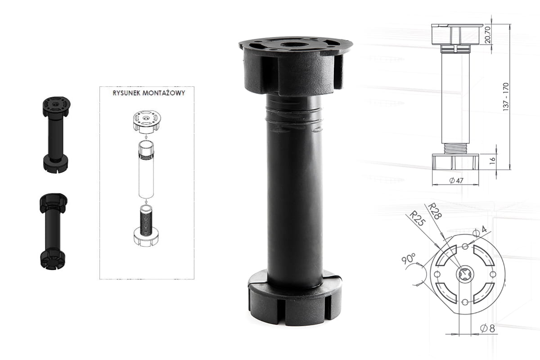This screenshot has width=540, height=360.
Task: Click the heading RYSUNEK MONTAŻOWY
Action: point(149,93)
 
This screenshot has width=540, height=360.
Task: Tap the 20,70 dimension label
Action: point(487,35)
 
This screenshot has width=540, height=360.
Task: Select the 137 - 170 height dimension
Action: point(506,97)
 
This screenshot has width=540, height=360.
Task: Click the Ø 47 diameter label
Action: point(456,180)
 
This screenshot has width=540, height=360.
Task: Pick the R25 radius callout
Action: point(417,218)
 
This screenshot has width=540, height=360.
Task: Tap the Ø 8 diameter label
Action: point(487,328)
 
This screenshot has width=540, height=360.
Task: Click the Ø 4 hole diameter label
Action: point(480,230)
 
